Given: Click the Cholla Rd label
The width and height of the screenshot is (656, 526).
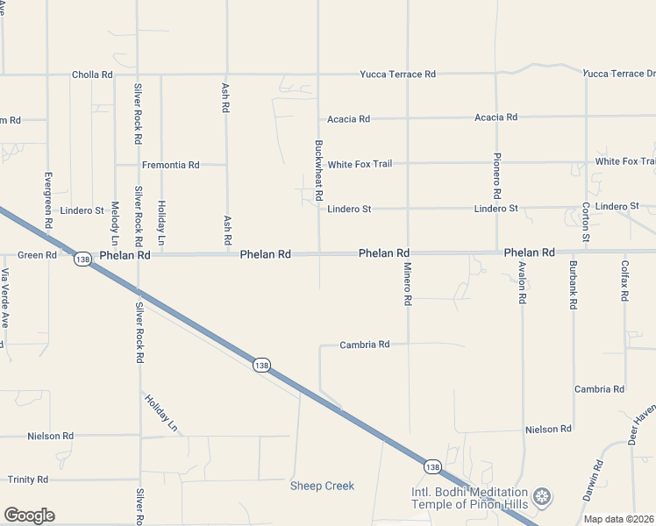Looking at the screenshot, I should pyautogui.click(x=92, y=75).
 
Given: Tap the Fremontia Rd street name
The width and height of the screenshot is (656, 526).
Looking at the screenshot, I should pyautogui.click(x=171, y=165).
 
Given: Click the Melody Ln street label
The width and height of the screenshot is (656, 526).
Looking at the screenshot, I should pyautogui.click(x=115, y=223).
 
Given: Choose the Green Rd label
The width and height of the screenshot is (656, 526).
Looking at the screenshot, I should pyautogui.click(x=37, y=256).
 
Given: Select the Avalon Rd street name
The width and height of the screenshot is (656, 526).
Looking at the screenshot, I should pyautogui.click(x=522, y=282).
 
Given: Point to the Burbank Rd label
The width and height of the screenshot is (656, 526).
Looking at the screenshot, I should pyautogui.click(x=573, y=285).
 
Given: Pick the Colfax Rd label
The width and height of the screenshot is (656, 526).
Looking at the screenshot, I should pyautogui.click(x=624, y=281).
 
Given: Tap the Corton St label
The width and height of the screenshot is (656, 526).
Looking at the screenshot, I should pyautogui.click(x=586, y=222).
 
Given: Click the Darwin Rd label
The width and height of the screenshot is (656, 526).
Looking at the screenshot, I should pyautogui.click(x=599, y=480).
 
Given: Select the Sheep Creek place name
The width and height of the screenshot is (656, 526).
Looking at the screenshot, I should pyautogui.click(x=323, y=486).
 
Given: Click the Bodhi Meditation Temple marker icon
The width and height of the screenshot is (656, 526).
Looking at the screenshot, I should pyautogui.click(x=544, y=497).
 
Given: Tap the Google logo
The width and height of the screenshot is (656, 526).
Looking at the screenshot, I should pyautogui.click(x=29, y=515).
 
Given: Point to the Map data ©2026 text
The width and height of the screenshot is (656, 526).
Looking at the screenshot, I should pyautogui.click(x=618, y=519).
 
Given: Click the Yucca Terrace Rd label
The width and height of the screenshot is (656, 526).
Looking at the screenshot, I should pyautogui.click(x=397, y=75).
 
